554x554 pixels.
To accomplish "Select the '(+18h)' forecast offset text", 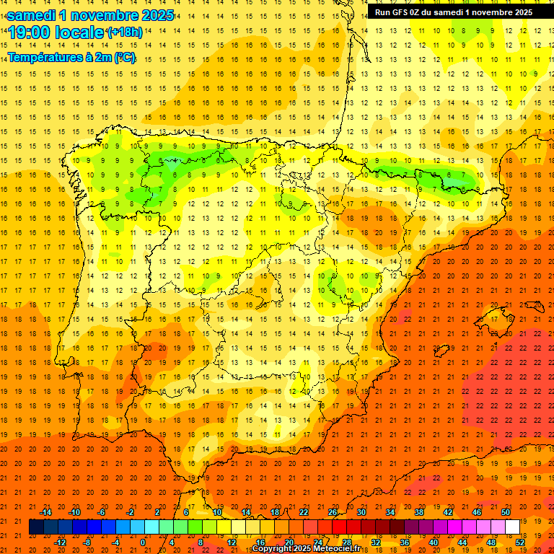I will tap(123, 32).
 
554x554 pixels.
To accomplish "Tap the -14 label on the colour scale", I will tap(45, 512).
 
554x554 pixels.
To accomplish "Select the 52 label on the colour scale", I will tap(520, 542).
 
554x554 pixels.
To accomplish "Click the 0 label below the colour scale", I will tap(143, 542).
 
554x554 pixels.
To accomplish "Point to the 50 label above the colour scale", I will tap(506, 512).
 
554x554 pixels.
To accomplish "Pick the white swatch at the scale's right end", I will tap(513, 527).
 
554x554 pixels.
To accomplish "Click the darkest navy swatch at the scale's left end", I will tap(36, 527).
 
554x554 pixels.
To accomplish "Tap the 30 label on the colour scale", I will tap(361, 512).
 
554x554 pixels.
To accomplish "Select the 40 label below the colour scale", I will tap(433, 542).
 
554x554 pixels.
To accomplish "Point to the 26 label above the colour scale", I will tap(332, 512).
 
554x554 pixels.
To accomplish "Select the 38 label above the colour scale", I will tap(418, 512).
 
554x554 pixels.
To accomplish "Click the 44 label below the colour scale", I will tap(462, 542).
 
